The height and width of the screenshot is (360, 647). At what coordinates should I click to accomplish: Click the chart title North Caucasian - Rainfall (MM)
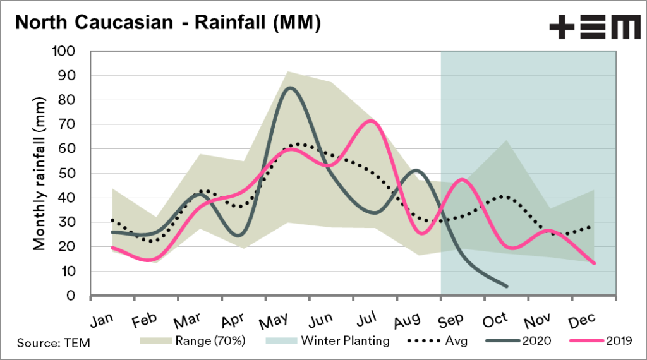pos(167,23)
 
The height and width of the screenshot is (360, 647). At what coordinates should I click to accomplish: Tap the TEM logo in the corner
pos(595,28)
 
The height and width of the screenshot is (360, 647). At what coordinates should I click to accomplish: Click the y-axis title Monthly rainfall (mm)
pos(39,173)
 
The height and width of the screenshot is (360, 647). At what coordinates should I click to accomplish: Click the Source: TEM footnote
pos(54,343)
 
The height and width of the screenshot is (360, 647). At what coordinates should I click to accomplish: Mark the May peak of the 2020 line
pos(289,88)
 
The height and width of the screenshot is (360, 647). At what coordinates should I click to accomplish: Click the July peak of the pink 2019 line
pos(372,121)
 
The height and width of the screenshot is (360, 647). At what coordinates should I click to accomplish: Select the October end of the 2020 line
pos(506,286)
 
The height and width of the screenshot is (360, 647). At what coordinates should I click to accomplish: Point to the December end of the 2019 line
pos(593,263)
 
